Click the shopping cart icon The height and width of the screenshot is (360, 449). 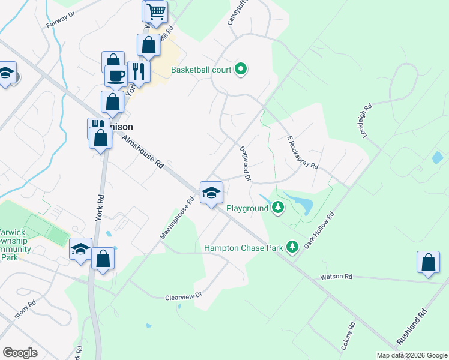155,11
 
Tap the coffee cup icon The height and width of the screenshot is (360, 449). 116,76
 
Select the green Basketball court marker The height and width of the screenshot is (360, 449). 241,70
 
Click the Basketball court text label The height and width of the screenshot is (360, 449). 201,70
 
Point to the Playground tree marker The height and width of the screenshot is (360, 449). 277,208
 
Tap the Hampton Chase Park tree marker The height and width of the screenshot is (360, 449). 292,247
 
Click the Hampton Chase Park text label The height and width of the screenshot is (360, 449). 243,247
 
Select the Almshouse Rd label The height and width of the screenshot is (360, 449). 143,151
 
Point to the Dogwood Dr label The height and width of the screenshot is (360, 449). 245,163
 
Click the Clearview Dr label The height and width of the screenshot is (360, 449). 185,296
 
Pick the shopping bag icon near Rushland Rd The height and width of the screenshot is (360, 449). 429,262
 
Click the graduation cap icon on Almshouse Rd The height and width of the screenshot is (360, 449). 211,193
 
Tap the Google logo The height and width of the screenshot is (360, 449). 20,352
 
